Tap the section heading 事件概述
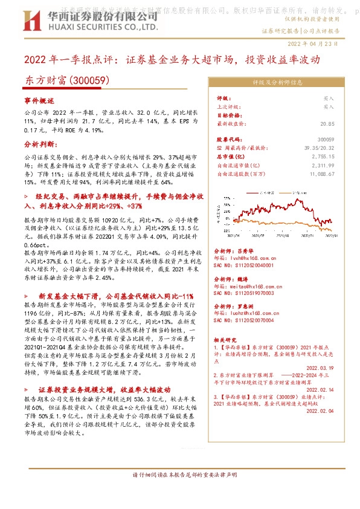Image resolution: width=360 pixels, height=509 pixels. coord(39,100)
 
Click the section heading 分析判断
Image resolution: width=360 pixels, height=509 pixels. coord(40,145)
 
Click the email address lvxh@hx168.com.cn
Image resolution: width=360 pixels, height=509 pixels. coord(253,258)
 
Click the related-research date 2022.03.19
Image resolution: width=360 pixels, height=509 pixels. coord(321,367)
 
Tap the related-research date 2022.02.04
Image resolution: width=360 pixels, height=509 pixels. coord(321,410)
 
